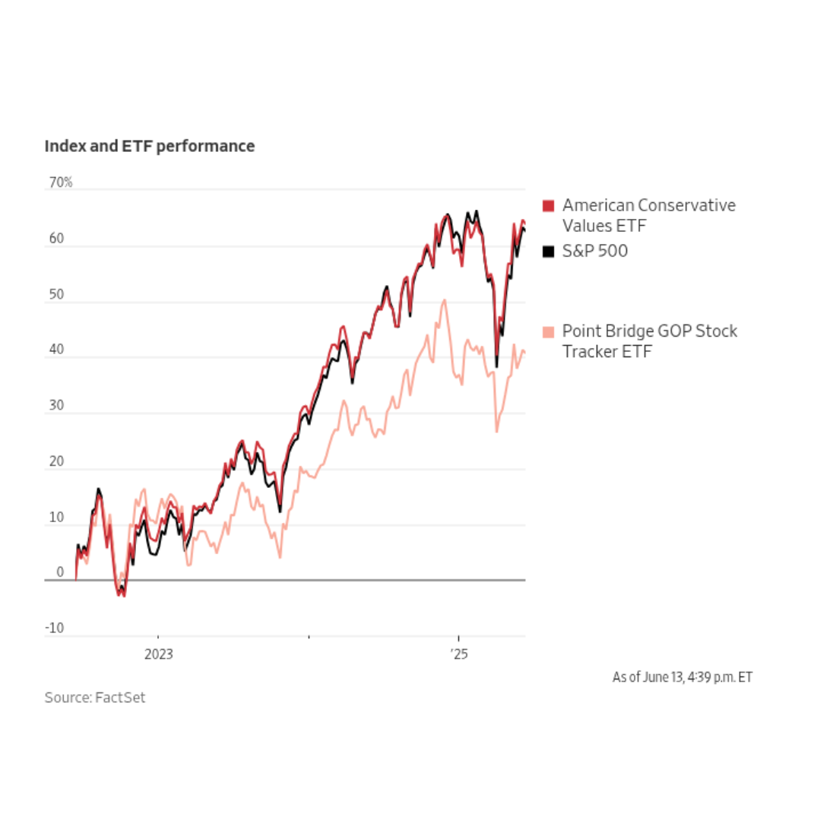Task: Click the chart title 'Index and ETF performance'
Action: tap(150, 146)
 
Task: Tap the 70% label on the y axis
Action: tap(59, 182)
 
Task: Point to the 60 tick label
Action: tap(55, 239)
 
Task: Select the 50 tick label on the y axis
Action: tap(55, 294)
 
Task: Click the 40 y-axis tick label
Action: tap(55, 350)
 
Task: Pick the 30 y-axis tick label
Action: tap(55, 406)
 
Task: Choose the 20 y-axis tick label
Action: tap(55, 462)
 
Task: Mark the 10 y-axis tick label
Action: tap(55, 518)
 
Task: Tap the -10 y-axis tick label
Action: tap(54, 629)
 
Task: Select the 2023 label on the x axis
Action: tap(158, 654)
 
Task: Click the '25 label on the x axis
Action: tap(458, 654)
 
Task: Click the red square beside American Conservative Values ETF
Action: tap(549, 206)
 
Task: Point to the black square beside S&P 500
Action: tap(549, 251)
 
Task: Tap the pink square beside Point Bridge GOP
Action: tap(549, 332)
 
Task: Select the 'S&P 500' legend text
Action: tap(595, 251)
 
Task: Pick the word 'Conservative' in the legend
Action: tap(687, 205)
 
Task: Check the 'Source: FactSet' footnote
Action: tap(94, 698)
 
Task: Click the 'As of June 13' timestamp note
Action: tap(682, 676)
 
